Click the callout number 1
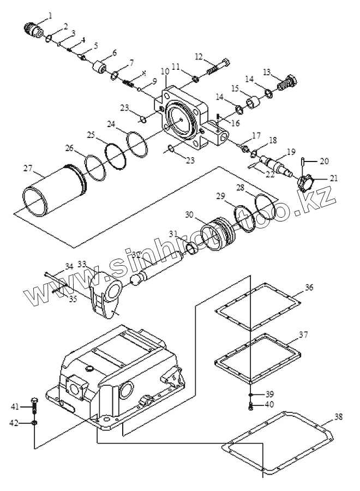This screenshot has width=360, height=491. pos(51,15)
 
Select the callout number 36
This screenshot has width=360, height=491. pos(309,288)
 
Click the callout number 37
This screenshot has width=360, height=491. pos(303,334)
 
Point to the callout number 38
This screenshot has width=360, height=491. pos(339,417)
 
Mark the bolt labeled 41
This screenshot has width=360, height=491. pos(35,407)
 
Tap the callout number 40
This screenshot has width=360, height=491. pos(269,404)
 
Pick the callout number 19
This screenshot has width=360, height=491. pos(291,151)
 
